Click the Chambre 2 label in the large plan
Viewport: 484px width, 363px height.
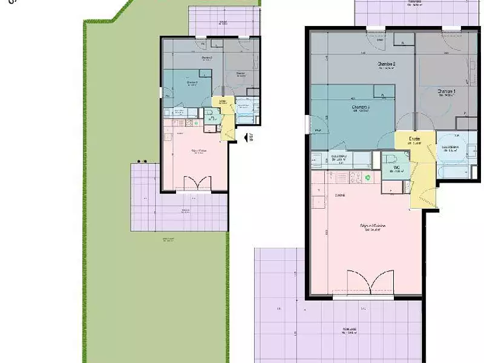pos(386,64)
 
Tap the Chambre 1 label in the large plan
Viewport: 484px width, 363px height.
pos(446,91)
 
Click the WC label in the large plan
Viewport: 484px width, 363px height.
pos(396,168)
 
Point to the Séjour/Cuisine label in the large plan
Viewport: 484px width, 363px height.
pos(373,226)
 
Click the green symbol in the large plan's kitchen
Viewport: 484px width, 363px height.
pos(368,178)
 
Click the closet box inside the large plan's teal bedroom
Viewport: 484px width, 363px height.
pos(380,93)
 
